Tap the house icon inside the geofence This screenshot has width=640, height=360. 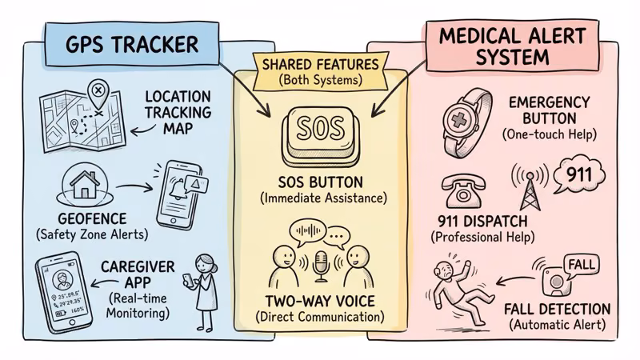83,185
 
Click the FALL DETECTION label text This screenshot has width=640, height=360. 558,310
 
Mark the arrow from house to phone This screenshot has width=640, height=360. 135,189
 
